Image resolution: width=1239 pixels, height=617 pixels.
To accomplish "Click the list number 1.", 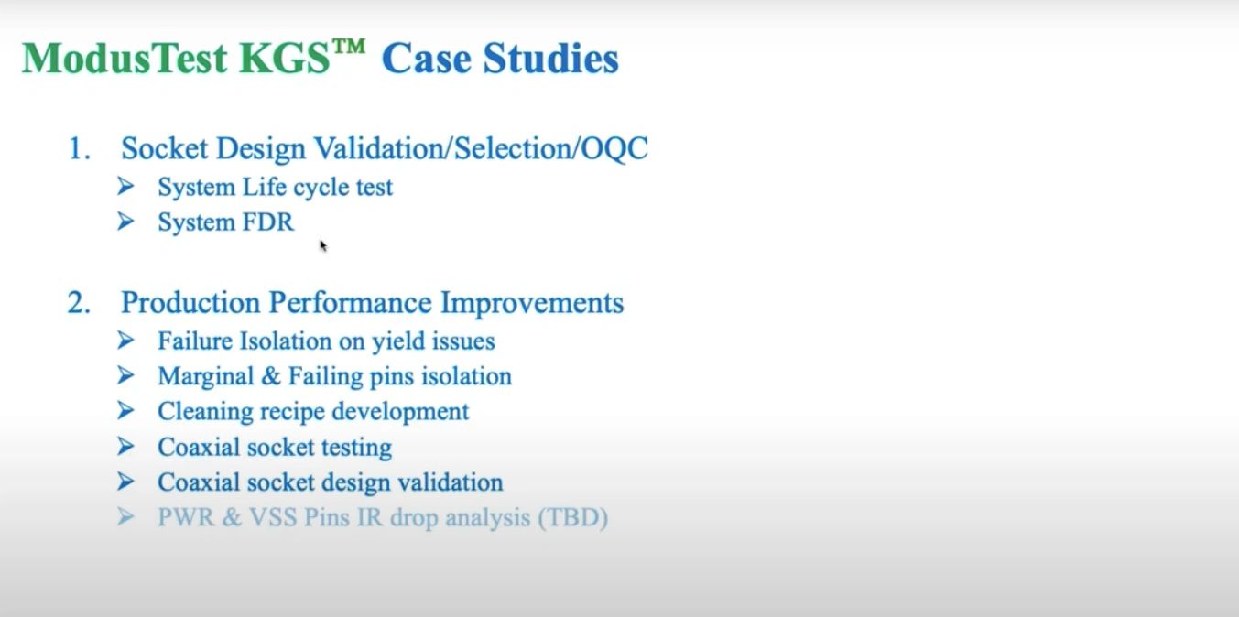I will click(79, 148).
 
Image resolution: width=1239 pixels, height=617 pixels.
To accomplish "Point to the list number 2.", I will click(79, 303).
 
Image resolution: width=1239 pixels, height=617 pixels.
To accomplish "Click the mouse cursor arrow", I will click(322, 244).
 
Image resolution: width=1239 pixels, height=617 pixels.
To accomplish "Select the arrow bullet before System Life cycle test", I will click(126, 187).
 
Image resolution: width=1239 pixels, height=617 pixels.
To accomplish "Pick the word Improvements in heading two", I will click(532, 303).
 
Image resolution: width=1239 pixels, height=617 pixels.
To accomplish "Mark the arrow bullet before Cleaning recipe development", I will click(126, 411).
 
